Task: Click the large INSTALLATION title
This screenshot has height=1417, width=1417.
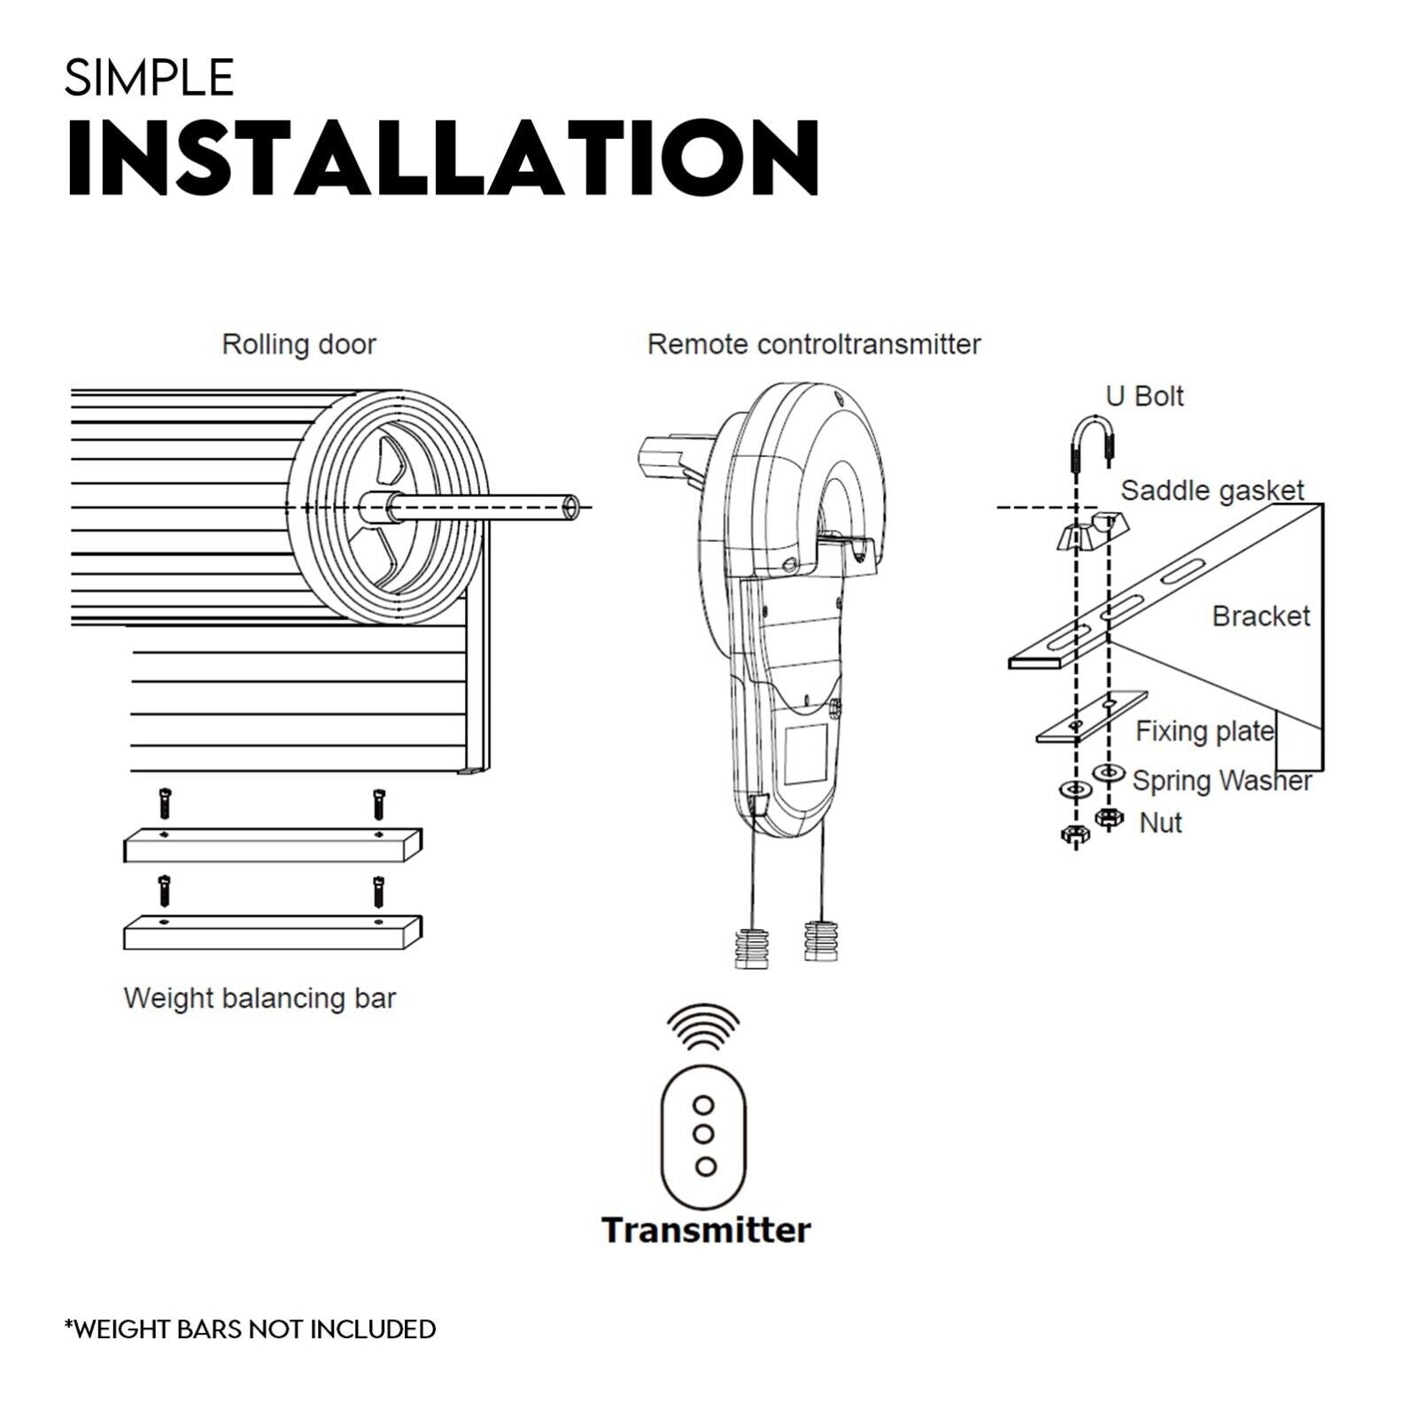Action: (443, 158)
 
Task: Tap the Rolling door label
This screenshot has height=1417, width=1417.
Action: (298, 345)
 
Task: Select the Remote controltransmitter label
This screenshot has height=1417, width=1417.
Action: (813, 345)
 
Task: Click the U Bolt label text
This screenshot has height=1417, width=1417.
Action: (1144, 396)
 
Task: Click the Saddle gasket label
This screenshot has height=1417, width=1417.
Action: (1212, 491)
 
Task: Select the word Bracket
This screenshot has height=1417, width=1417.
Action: (1259, 616)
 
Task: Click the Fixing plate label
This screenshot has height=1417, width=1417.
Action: (1204, 732)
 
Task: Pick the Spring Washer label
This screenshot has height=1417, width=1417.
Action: (1220, 781)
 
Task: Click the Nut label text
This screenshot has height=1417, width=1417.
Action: (1160, 823)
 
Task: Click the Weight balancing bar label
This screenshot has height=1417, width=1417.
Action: (259, 998)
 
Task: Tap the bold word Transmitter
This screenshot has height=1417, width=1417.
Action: (706, 1230)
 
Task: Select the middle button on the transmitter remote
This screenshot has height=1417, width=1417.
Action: (704, 1134)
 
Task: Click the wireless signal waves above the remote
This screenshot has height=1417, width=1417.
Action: (704, 1025)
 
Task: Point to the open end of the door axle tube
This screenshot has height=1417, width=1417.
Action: (572, 508)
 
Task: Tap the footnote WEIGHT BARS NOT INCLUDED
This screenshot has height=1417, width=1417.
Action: (251, 1329)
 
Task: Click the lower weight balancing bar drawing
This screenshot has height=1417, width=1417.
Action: (272, 933)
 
